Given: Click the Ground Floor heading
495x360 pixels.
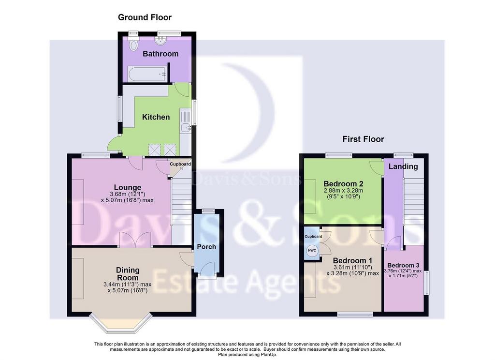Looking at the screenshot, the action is [145, 17].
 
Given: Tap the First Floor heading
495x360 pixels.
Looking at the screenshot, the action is [364, 139].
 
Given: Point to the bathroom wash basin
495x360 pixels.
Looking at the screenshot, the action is [160, 41].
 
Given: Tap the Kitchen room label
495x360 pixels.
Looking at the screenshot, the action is [156, 117].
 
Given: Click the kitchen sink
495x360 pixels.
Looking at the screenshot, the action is [185, 128].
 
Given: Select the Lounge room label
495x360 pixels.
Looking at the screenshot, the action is [128, 187].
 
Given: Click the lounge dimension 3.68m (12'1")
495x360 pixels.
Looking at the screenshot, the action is [128, 194].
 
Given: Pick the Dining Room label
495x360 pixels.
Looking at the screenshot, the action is [128, 274].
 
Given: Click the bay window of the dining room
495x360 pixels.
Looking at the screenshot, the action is [120, 323].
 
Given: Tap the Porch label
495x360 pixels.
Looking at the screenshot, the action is [207, 246].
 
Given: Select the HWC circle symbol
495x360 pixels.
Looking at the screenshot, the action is [312, 251].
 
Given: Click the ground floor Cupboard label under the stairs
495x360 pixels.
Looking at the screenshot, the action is [180, 164].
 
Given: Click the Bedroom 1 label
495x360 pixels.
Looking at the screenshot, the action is [352, 261].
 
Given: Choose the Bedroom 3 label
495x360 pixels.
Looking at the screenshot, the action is [404, 265].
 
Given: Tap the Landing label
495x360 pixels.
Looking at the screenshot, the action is [403, 166].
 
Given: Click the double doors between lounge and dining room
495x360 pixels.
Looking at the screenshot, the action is [136, 240].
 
